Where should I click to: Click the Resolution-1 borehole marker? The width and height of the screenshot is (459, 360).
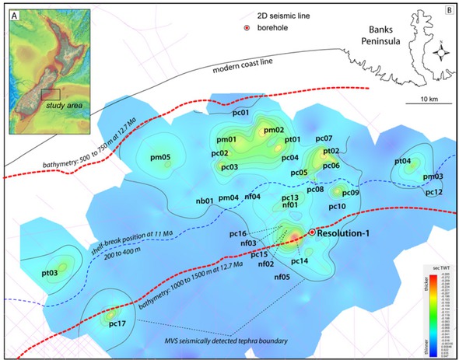312,232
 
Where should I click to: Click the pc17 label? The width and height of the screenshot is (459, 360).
118,323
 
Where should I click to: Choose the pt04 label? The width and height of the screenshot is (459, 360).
402,161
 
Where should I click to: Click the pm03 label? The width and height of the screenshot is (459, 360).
433,177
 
